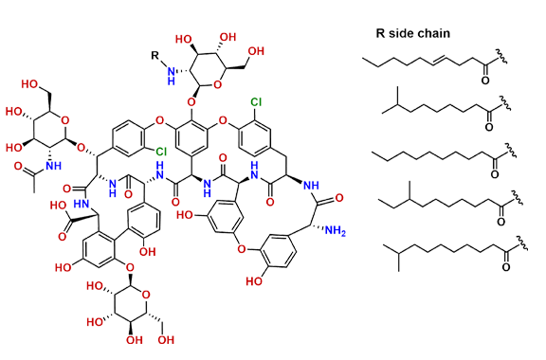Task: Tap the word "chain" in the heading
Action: click(434, 33)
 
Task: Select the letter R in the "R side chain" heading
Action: click(380, 33)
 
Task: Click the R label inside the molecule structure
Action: click(157, 55)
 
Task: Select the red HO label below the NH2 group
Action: click(253, 280)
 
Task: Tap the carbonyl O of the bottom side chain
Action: click(505, 268)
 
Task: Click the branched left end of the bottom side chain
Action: click(390, 249)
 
